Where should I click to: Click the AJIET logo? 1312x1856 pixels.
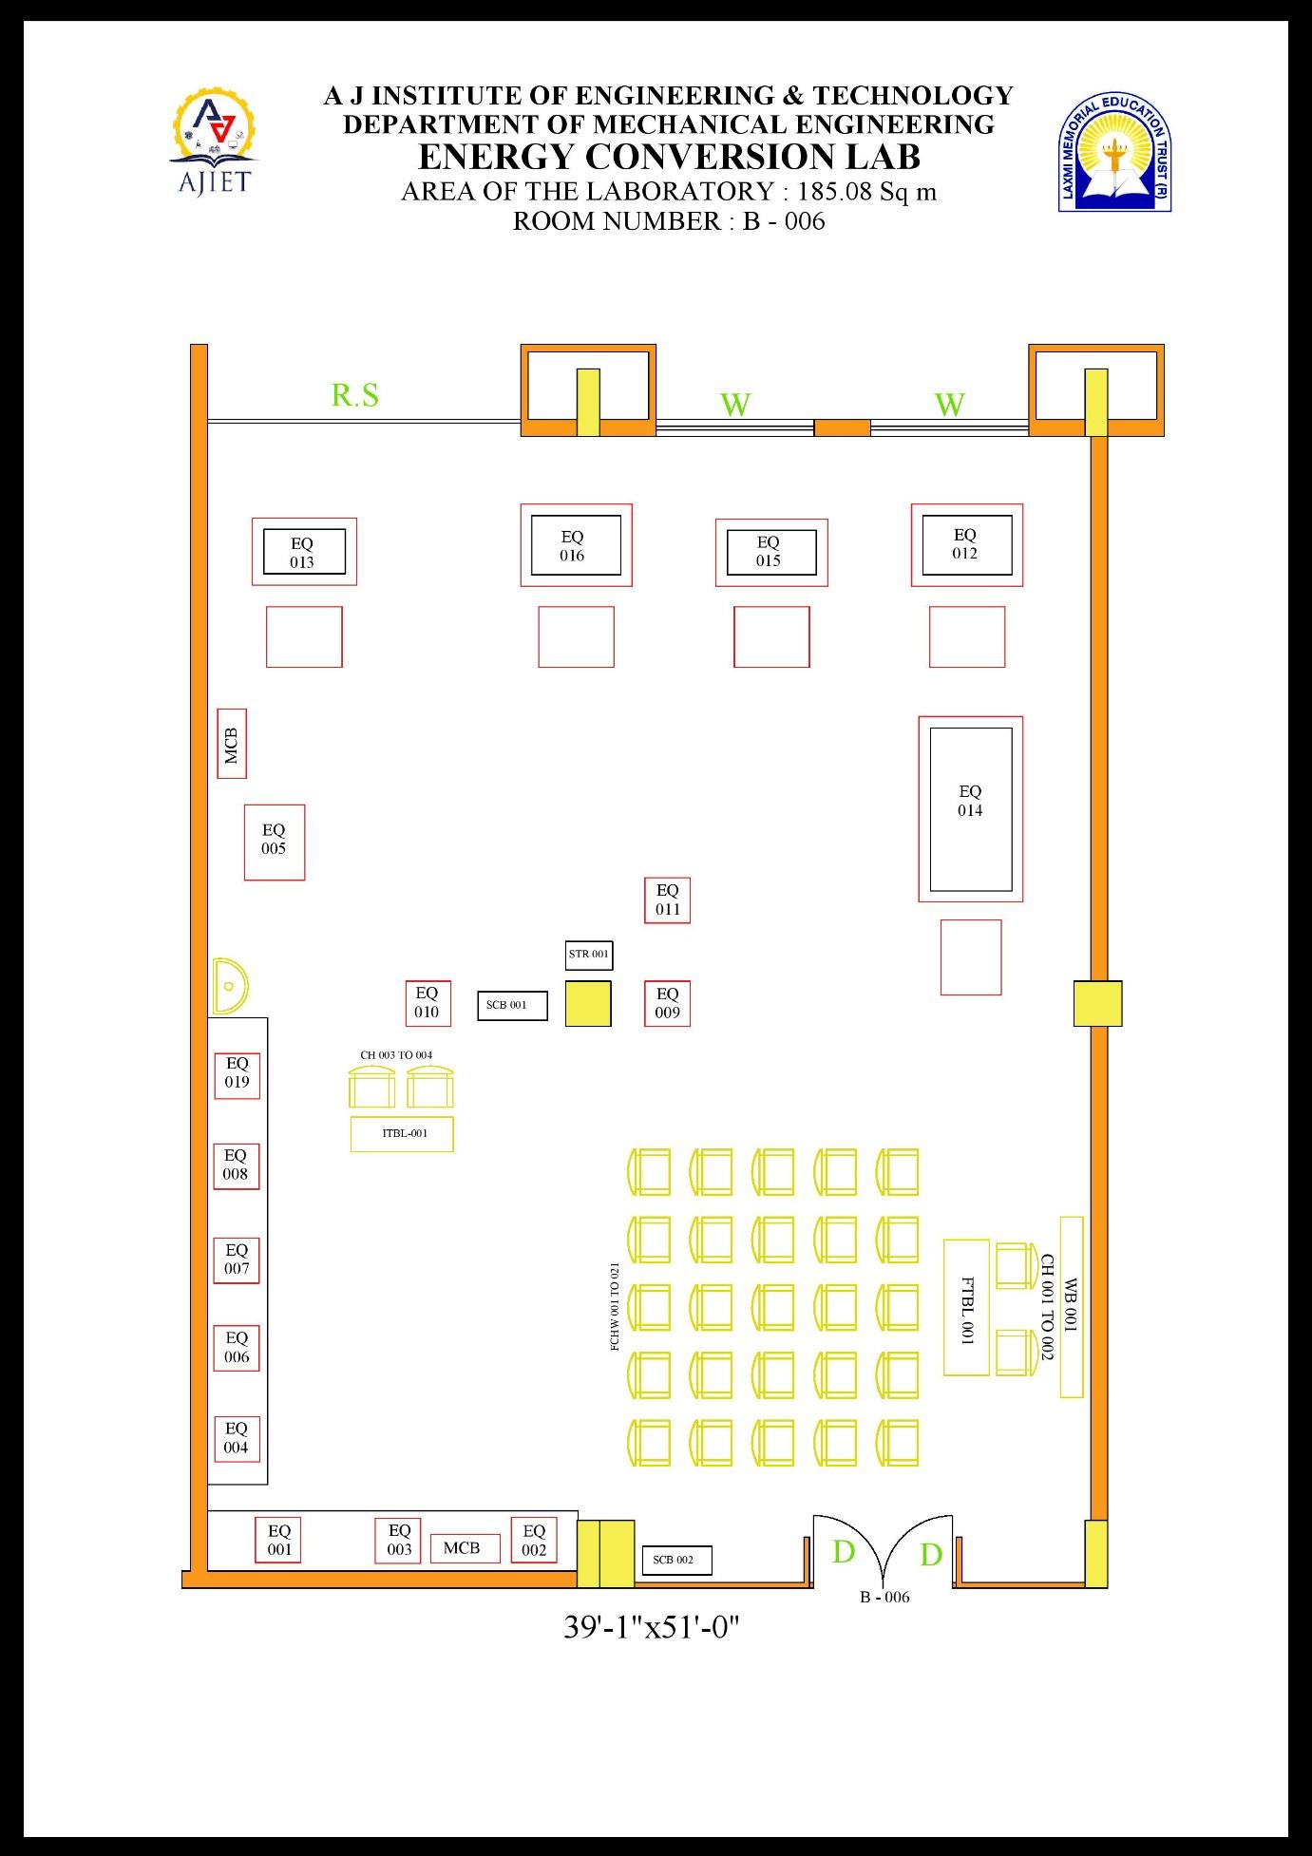click(214, 142)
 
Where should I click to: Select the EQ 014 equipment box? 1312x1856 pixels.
click(970, 808)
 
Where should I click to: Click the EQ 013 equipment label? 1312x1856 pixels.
click(303, 552)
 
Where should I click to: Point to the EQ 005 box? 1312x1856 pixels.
click(275, 842)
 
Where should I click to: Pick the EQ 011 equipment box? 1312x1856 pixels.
click(667, 900)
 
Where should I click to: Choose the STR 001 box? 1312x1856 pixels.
click(588, 955)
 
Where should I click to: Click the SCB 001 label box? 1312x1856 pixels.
click(512, 1005)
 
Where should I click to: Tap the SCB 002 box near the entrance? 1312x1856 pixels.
click(675, 1560)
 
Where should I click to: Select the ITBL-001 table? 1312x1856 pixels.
click(402, 1134)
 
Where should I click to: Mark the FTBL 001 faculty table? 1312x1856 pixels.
click(966, 1307)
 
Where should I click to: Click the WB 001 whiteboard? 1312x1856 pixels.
click(1072, 1307)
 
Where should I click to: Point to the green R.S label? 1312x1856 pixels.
click(354, 394)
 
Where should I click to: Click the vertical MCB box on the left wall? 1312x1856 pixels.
click(232, 744)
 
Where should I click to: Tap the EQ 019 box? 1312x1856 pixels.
click(237, 1075)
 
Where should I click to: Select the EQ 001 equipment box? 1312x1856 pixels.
click(279, 1540)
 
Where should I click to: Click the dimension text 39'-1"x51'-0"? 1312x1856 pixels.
click(652, 1627)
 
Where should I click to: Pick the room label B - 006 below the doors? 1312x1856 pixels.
click(884, 1597)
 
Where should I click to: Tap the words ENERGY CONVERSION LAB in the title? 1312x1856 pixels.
click(669, 156)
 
